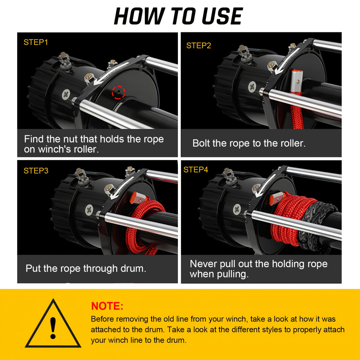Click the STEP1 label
36,42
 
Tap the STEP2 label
199,45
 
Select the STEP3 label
36,171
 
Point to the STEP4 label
195,169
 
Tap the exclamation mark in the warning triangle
53,328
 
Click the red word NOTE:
107,306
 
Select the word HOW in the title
140,16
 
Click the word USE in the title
222,16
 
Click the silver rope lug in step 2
297,81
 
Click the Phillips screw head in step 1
66,94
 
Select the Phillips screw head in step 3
89,210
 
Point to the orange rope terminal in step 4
276,198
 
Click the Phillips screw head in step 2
252,86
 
